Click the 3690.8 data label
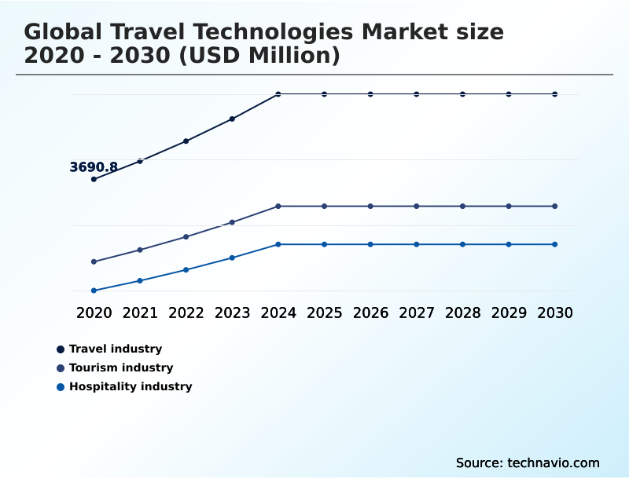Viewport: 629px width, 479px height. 94,167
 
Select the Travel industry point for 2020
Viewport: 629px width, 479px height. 94,179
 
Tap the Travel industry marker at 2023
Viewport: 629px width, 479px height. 232,119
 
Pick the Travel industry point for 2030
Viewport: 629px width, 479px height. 555,94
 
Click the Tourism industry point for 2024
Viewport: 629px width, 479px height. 278,206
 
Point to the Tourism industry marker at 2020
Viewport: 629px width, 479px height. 94,261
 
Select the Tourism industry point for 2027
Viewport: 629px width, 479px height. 417,206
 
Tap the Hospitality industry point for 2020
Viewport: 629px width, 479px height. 94,291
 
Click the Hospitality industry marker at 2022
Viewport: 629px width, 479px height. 186,269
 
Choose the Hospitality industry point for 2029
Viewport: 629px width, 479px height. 509,244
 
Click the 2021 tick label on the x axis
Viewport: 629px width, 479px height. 140,313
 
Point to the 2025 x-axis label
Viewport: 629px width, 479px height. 324,313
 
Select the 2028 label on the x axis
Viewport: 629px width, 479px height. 462,313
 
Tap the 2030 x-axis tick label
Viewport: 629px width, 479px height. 555,313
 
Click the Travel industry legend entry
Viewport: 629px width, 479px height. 115,349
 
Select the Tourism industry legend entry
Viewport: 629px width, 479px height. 120,367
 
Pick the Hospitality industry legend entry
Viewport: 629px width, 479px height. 130,386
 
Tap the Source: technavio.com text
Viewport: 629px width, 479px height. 528,463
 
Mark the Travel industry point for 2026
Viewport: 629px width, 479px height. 370,94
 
